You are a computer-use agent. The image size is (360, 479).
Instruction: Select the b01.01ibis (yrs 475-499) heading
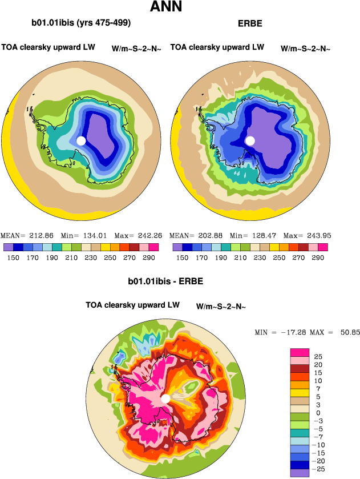tap(81, 23)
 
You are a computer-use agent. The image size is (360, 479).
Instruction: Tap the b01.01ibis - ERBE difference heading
tap(165, 281)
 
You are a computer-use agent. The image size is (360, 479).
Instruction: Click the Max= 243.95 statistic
tap(307, 235)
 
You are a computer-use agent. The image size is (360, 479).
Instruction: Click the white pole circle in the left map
tap(81, 140)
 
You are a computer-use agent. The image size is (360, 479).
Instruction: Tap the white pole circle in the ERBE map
tap(250, 140)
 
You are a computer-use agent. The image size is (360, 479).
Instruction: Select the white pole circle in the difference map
tap(165, 399)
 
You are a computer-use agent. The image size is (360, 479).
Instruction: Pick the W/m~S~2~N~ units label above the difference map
tap(221, 307)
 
